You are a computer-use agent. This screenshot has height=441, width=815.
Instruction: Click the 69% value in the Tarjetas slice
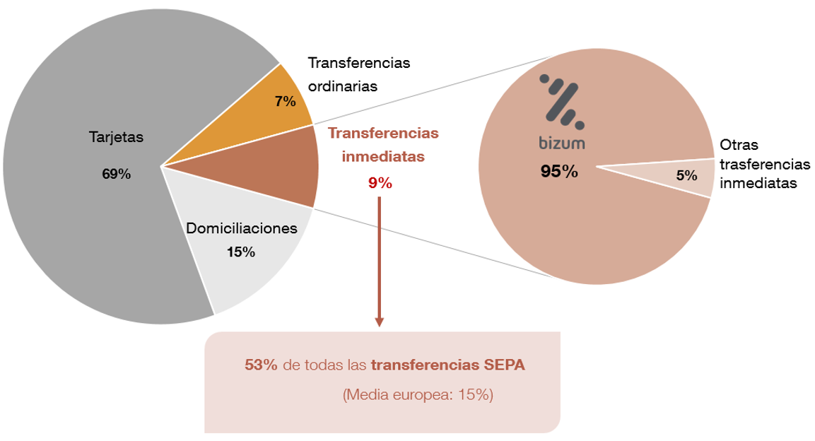[x=116, y=174]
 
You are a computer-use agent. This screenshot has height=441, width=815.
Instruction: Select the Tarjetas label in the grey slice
[x=116, y=137]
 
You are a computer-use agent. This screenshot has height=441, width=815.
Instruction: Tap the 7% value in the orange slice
[x=285, y=101]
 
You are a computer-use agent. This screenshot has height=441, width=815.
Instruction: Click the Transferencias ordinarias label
[x=359, y=74]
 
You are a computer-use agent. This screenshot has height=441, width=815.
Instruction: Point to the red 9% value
[x=380, y=183]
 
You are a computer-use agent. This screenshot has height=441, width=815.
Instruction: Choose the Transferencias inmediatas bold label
[x=384, y=145]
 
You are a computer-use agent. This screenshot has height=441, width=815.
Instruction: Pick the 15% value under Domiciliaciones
[x=241, y=252]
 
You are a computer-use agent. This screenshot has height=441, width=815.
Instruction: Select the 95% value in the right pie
[x=559, y=171]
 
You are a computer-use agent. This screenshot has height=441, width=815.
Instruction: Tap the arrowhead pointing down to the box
[x=380, y=322]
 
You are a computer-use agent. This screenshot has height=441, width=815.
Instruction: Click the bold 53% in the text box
[x=261, y=365]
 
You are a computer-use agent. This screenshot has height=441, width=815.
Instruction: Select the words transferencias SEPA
[x=448, y=365]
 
